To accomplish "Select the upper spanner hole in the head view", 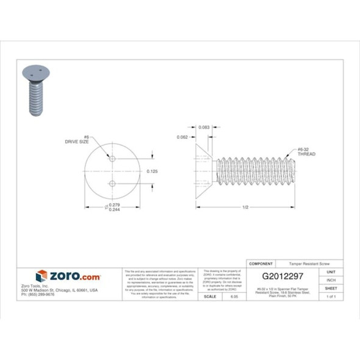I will pos(112,159).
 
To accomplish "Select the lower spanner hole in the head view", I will pos(112,183).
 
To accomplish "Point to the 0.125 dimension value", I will pos(153,171).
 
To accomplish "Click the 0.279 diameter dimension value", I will pos(114,204).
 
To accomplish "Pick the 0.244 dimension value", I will pos(114,210).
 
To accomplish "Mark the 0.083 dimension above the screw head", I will pos(204,127).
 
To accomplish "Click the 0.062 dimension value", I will pos(182,137).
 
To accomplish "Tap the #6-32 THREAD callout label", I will pos(306,151).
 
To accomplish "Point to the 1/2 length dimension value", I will pos(245,207).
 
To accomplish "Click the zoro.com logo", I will pos(68,276).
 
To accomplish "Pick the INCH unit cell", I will pos(331,281).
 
